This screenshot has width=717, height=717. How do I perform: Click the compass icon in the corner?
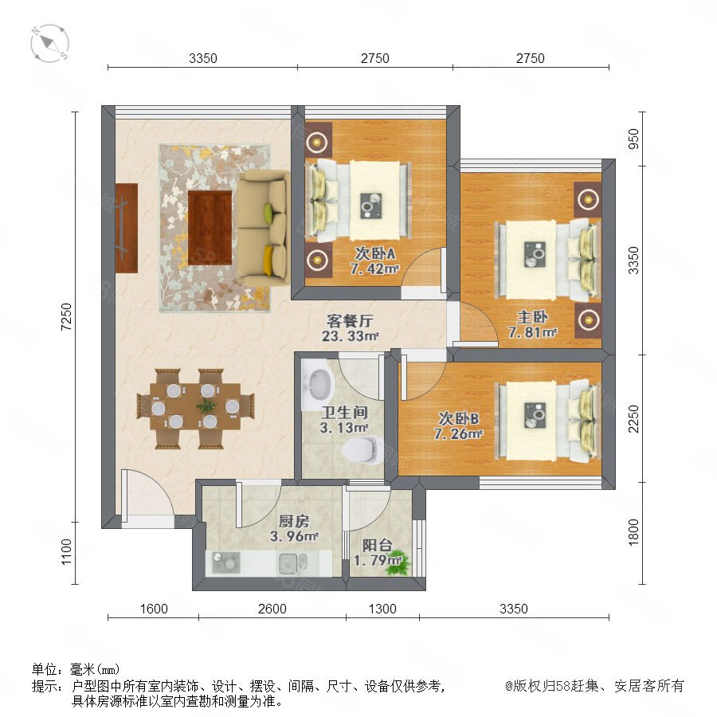pyautogui.click(x=49, y=44)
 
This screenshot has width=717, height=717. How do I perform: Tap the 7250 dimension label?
pyautogui.click(x=66, y=317)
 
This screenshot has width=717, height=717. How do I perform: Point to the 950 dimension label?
pyautogui.click(x=633, y=139)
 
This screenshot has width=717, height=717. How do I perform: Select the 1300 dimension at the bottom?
pyautogui.click(x=382, y=609)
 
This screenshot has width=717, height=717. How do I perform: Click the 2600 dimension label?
pyautogui.click(x=272, y=609)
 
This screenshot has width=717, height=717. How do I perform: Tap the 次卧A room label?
pyautogui.click(x=375, y=253)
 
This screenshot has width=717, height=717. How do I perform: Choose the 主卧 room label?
pyautogui.click(x=532, y=316)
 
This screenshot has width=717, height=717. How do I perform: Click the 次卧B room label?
pyautogui.click(x=459, y=418)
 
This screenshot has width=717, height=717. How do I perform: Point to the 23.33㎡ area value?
pyautogui.click(x=351, y=336)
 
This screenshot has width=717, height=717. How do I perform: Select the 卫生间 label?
pyautogui.click(x=344, y=413)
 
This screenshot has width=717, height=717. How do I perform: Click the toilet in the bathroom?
pyautogui.click(x=362, y=449)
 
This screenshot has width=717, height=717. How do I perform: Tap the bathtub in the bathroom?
pyautogui.click(x=318, y=384)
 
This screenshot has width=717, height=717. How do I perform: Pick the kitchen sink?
pyautogui.click(x=292, y=563)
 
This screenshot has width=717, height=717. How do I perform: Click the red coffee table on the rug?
pyautogui.click(x=210, y=227)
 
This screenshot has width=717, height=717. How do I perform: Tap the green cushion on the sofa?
pyautogui.click(x=268, y=214)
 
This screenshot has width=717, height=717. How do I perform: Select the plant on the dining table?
pyautogui.click(x=206, y=406)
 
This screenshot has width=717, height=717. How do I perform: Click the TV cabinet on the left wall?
pyautogui.click(x=127, y=228)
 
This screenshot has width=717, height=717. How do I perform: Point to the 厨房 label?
pyautogui.click(x=294, y=521)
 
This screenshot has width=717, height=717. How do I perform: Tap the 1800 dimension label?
pyautogui.click(x=633, y=532)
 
